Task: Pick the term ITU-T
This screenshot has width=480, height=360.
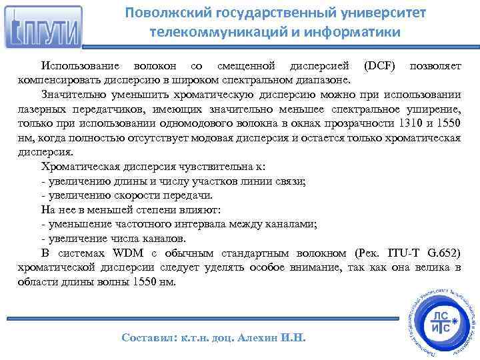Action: click(x=395, y=253)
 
